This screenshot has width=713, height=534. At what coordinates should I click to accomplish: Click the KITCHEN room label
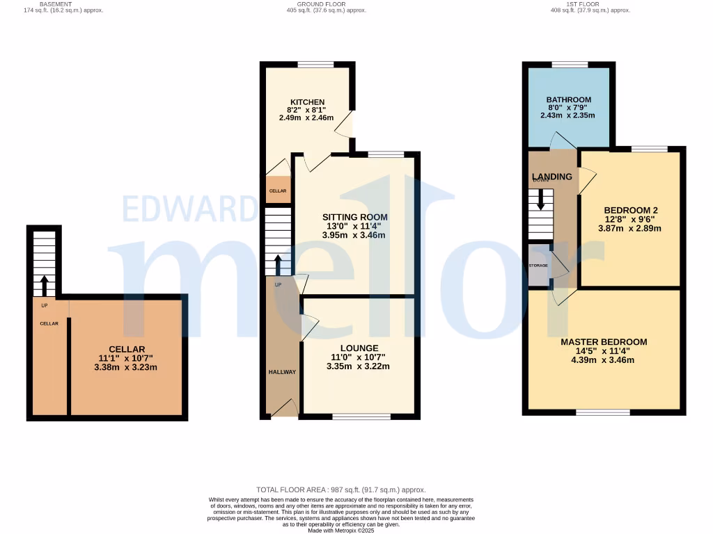coord(306,102)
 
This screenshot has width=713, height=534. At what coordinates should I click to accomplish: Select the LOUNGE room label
coord(359,348)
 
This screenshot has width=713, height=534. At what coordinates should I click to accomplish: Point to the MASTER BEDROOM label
coord(604,342)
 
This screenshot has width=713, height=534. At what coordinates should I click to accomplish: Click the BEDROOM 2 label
coord(631,210)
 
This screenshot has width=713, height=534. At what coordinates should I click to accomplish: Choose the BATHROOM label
coord(568,100)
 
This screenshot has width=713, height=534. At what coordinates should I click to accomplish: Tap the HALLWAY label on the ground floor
coord(282,372)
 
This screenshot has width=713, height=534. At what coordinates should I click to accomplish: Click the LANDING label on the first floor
coord(552,177)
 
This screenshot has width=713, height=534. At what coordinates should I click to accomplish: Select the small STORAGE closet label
coord(538,266)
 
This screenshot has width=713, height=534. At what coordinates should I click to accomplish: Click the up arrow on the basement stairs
coord(44,285)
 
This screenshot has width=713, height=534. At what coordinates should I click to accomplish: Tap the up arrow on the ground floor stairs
coord(278,266)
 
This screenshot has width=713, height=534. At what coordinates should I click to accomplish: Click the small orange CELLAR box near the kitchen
coord(278,191)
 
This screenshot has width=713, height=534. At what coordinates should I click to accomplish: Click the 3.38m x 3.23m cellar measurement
coord(126,367)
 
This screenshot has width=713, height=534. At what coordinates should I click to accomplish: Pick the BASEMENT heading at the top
coord(55,4)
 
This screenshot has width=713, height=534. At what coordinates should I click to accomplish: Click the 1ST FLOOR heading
coord(580,4)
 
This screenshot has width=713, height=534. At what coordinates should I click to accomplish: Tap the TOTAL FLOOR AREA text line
coord(341,490)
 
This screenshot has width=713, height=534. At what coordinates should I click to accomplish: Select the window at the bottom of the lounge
coord(361,416)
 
